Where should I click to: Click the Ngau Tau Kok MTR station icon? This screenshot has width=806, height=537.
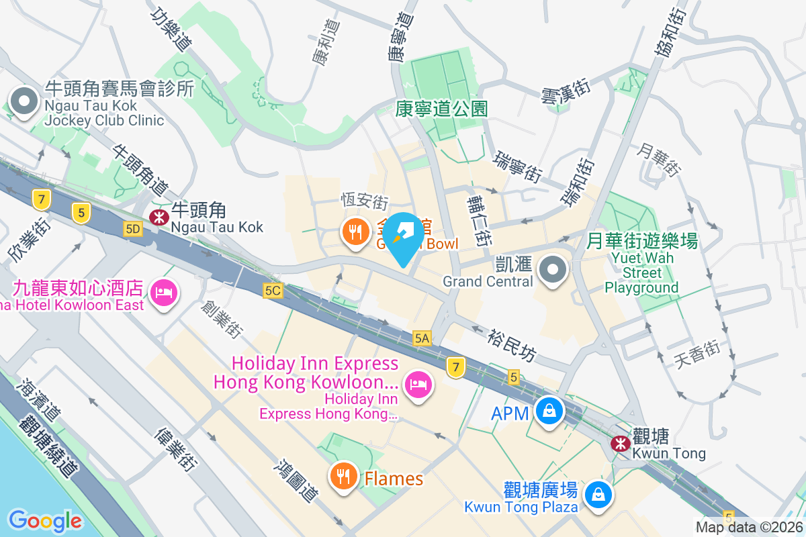(159, 217)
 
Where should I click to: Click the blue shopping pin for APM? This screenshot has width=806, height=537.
(549, 410)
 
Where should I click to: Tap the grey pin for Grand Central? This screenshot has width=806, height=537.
(553, 270)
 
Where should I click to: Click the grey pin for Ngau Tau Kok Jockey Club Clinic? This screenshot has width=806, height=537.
(25, 103)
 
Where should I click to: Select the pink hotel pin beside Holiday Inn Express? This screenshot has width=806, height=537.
(418, 385)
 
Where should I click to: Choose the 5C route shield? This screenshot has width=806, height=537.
(273, 290)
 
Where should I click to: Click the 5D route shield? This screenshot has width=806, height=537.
(134, 230)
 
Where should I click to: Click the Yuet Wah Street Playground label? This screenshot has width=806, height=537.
(641, 273)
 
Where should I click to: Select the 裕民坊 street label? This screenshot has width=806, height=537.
(512, 344)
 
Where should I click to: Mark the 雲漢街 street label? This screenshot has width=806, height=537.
(566, 91)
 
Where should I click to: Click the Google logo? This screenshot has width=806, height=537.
(45, 520)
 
